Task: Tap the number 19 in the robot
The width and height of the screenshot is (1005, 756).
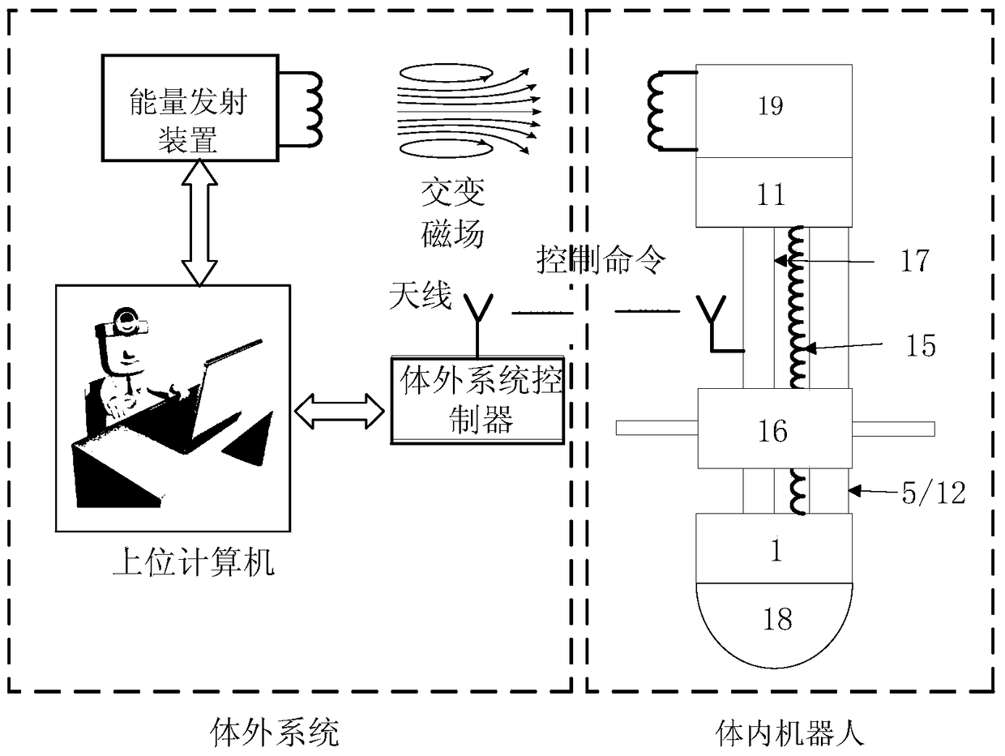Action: click(771, 105)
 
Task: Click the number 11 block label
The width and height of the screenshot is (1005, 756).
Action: click(771, 194)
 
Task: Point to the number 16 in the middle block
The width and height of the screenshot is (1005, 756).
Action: click(773, 431)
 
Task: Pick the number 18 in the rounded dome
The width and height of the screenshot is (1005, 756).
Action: click(777, 619)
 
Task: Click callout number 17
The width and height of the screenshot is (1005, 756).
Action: click(915, 260)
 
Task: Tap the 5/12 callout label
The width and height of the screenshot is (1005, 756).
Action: click(934, 493)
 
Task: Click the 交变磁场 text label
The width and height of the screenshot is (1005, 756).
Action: click(452, 213)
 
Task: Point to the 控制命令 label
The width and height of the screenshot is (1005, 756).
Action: click(601, 260)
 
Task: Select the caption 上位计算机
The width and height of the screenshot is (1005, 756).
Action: click(194, 562)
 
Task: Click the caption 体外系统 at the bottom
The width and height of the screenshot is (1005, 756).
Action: click(274, 733)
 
